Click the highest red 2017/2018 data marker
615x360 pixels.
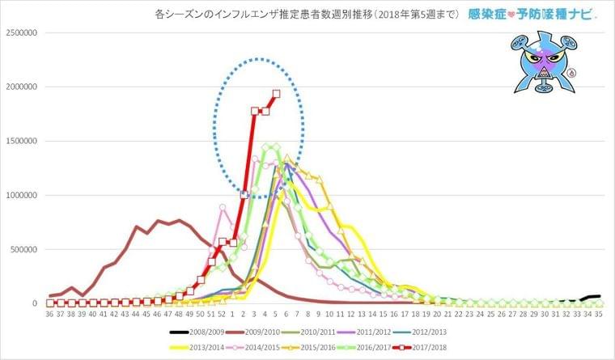point(276,94)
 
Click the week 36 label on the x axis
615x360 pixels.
point(50,314)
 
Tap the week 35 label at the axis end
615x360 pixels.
point(599,314)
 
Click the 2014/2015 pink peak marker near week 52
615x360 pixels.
point(223,207)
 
